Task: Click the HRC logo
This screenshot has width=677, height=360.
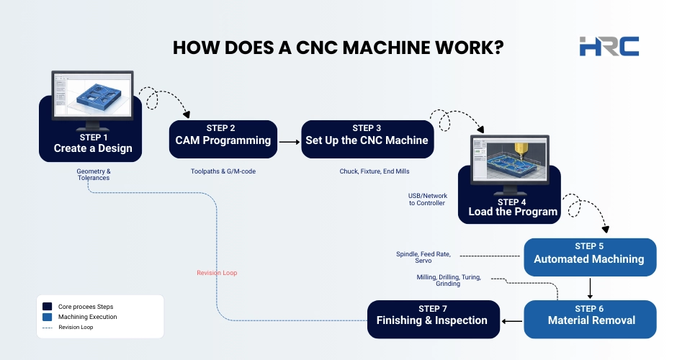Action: tap(609, 45)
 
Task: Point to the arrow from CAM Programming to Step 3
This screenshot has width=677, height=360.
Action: tap(288, 142)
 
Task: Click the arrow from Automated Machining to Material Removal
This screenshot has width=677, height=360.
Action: tap(591, 287)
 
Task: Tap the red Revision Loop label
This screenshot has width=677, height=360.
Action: tap(217, 273)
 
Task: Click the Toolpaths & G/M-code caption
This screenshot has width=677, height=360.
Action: tap(223, 171)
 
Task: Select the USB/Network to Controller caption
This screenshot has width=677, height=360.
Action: tap(427, 199)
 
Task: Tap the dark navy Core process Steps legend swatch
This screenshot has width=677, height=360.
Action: tap(47, 306)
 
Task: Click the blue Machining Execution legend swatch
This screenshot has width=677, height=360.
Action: tap(47, 317)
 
